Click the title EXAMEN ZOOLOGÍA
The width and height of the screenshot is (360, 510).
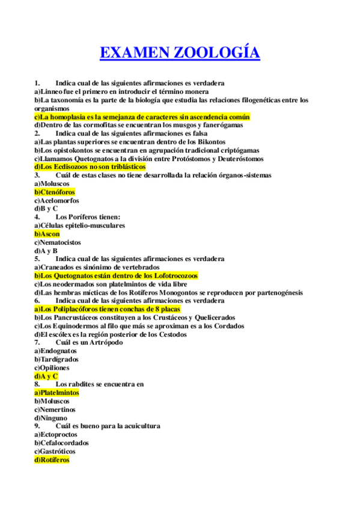(x=180, y=53)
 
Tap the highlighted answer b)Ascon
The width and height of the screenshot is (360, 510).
(x=47, y=234)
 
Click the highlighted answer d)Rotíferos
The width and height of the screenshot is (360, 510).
(x=52, y=459)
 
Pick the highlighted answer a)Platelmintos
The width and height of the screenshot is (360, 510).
(x=56, y=392)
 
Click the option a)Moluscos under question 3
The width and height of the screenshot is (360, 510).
(x=52, y=183)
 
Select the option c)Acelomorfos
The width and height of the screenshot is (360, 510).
(x=56, y=200)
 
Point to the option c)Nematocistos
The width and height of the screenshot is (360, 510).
(x=58, y=242)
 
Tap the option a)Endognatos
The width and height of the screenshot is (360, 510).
(x=55, y=351)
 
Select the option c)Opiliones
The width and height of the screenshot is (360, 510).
(x=52, y=367)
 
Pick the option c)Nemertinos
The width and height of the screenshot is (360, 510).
(x=55, y=409)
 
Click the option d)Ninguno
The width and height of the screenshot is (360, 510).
(x=50, y=417)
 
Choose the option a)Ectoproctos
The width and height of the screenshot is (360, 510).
(x=55, y=434)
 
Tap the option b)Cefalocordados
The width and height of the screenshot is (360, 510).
(x=61, y=443)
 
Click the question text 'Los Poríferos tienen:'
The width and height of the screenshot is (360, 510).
(x=88, y=217)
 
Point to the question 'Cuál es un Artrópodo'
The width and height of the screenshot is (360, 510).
(x=88, y=342)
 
